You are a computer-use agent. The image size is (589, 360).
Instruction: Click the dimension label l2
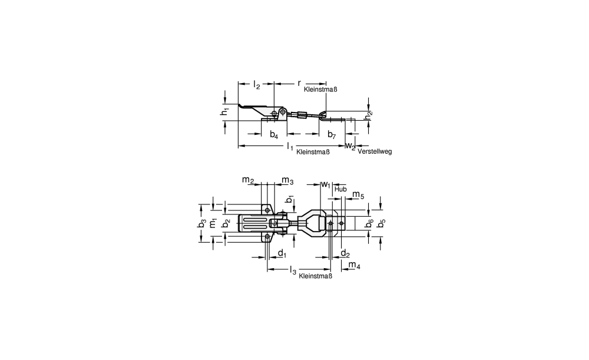click(257, 85)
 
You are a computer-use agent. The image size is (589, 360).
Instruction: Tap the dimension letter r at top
click(299, 84)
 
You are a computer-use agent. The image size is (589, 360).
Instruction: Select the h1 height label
click(224, 111)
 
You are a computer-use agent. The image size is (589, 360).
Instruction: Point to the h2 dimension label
click(369, 115)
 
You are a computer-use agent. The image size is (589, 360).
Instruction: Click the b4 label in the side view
click(274, 134)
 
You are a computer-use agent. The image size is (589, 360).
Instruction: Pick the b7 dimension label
click(331, 134)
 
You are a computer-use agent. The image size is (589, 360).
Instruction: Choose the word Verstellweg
click(375, 151)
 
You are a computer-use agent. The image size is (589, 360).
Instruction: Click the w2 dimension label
click(350, 146)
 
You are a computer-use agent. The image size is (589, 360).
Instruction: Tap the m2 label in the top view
click(248, 180)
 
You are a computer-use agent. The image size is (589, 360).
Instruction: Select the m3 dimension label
click(287, 181)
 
